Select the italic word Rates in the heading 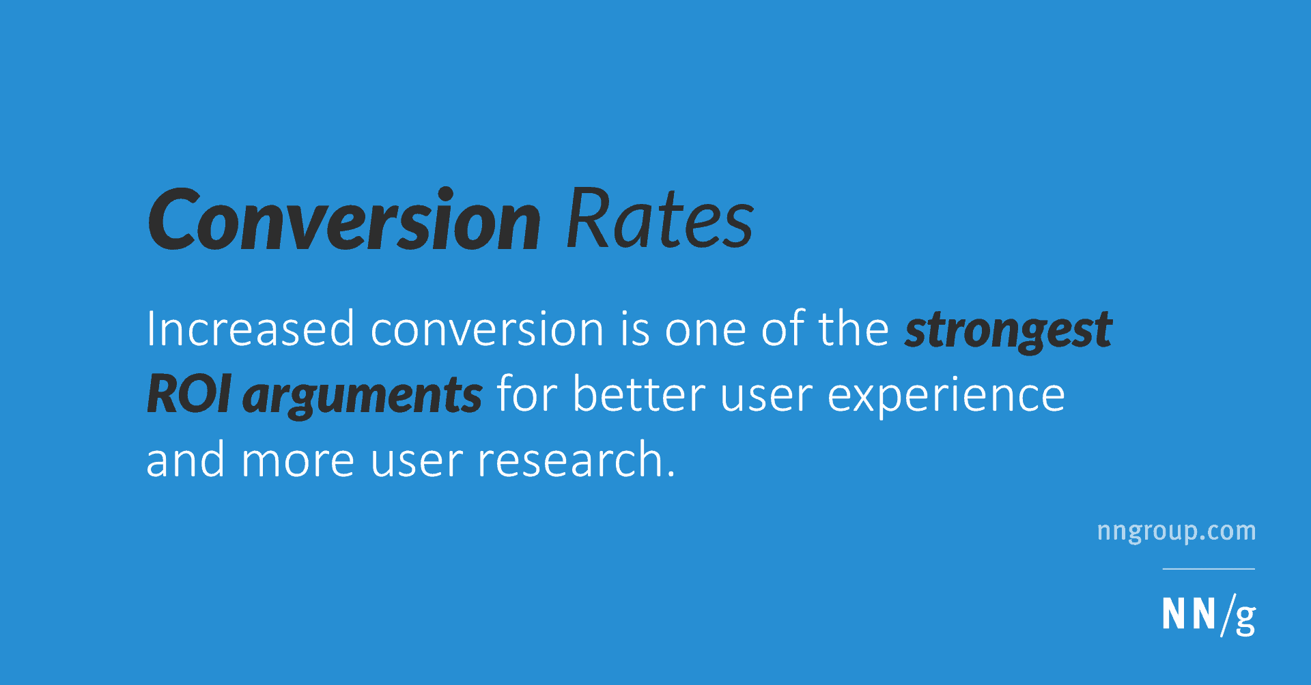coord(660,218)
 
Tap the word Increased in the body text coord(251,329)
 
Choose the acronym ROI coord(188,394)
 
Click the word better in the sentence coord(638,394)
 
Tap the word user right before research coord(417,461)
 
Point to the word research coord(576,459)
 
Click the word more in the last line coord(298,461)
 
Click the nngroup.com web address coord(1176,531)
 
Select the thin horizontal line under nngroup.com coord(1209,568)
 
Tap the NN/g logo coord(1209,615)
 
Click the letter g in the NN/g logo coord(1245,619)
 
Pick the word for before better coord(526,394)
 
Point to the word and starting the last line coord(186,459)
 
